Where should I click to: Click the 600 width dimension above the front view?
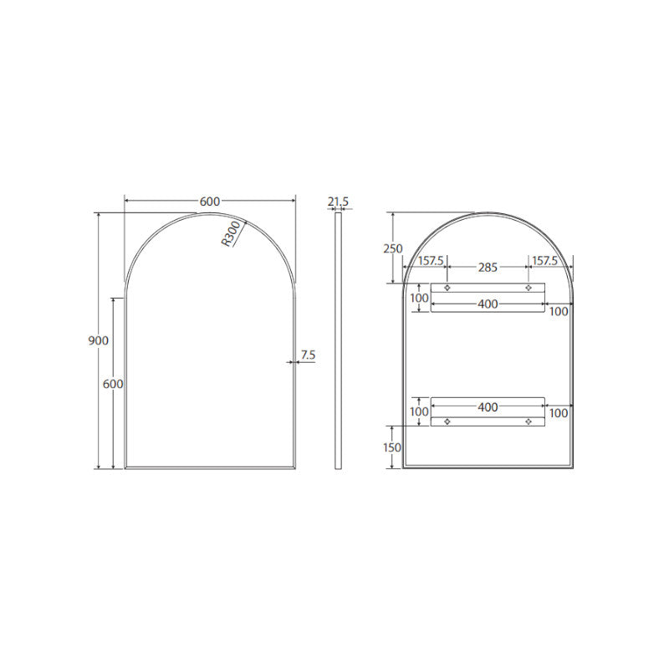209,201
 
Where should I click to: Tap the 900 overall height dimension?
98,340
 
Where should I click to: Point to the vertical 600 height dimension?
113,384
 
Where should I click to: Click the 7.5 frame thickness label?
307,355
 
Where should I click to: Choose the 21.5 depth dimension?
338,202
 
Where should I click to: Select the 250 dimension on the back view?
393,248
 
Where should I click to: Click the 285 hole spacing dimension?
488,268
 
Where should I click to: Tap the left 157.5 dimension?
430,261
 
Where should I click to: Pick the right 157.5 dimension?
544,261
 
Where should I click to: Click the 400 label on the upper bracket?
488,304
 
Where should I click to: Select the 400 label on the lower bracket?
488,407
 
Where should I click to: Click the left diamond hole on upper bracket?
447,289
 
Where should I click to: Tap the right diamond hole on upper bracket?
528,289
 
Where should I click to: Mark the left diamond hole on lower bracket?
447,421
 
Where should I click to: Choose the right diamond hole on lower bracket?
528,421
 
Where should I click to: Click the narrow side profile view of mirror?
338,340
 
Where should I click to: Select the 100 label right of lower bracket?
559,413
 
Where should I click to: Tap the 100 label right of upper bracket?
559,311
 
